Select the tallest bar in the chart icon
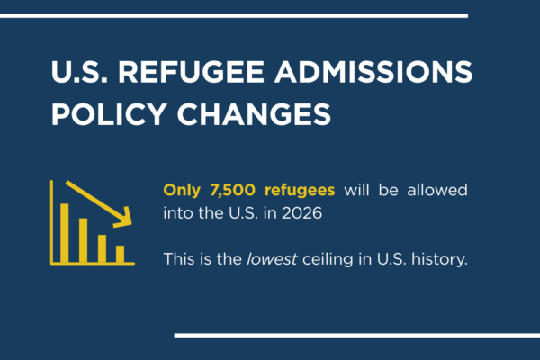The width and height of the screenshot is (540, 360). click(x=65, y=232)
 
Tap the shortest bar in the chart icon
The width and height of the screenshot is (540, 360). click(x=121, y=254)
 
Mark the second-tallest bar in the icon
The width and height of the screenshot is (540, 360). click(x=83, y=239)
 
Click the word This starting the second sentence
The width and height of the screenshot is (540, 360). click(x=176, y=258)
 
